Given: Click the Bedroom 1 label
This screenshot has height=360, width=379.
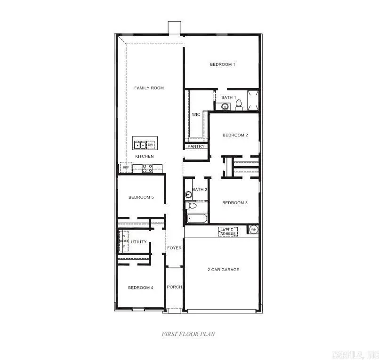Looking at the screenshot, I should pos(222,64).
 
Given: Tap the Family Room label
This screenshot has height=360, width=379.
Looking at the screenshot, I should pos(149,88).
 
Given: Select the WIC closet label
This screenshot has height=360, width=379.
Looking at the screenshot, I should pos(196,114).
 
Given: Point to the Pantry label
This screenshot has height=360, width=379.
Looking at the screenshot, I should pos(196,146).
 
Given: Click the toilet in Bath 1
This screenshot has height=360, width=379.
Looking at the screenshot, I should pos(238,105).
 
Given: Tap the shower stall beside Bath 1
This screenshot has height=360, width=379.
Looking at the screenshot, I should pos(253,100).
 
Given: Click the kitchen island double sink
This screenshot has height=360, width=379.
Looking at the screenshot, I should pos(140,145).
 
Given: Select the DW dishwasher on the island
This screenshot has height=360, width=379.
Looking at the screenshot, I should pos(151,145).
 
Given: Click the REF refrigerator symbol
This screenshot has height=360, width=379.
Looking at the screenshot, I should pos(126,167).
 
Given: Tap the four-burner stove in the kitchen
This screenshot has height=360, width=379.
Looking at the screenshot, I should pos(147,168).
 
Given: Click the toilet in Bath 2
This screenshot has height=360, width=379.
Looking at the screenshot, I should pos(192,206).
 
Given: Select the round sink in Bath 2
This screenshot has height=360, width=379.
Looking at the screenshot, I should pos(188,194).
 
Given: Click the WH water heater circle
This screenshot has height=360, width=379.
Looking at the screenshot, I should pos(254,230).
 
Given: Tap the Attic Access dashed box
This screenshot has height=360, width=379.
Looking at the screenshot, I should pos(228,231).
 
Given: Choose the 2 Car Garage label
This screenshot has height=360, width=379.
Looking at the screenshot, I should pos(224,270).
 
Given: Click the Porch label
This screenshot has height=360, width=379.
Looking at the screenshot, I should pos(174,287).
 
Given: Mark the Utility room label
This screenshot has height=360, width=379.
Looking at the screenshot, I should pos(138,242).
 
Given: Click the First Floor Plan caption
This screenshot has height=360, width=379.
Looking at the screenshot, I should pos(189,334).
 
